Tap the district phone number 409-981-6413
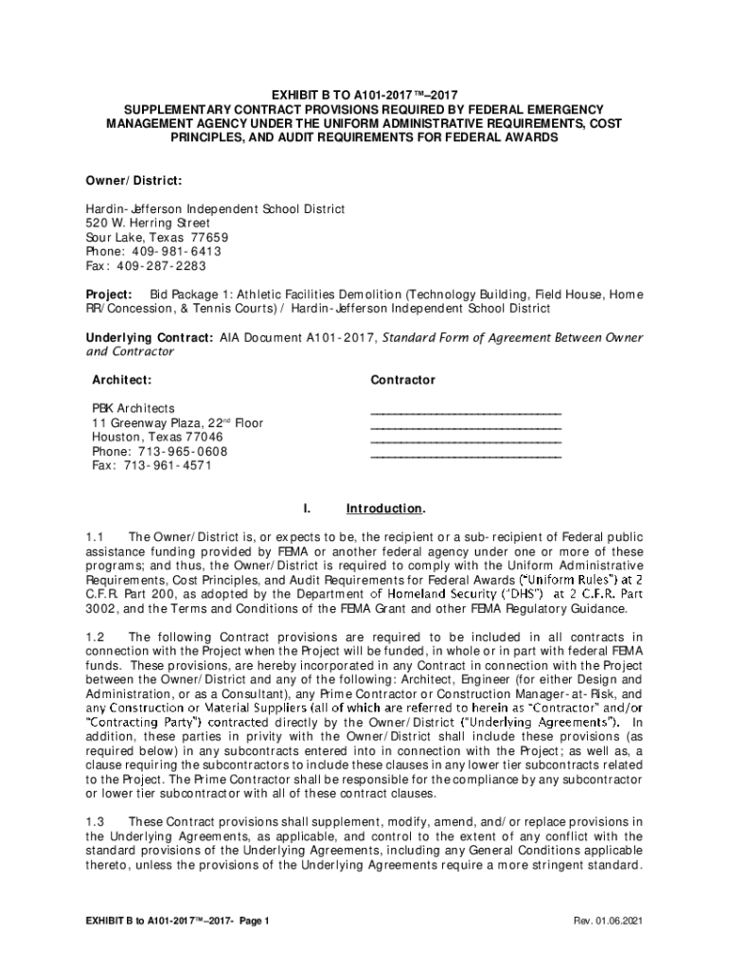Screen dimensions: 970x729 (x=181, y=251)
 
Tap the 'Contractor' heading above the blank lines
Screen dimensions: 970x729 (x=403, y=380)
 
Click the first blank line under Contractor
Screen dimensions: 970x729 (x=465, y=413)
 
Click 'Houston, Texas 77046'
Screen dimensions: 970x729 (x=157, y=437)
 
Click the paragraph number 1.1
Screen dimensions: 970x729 (x=95, y=537)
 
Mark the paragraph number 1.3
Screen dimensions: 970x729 (x=95, y=821)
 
